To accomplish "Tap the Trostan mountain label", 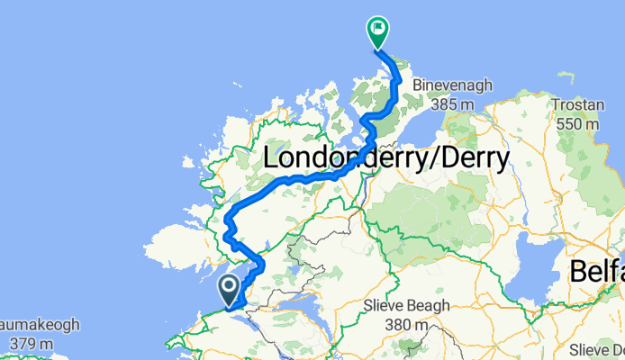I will [577, 104].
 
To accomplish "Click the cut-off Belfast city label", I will [597, 273].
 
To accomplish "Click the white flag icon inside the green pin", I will [376, 28].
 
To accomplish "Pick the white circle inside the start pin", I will [229, 286].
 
